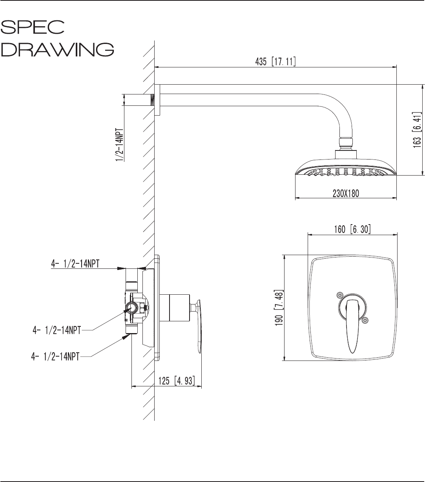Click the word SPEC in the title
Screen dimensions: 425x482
coord(33,27)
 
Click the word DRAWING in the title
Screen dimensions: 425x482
coord(57,49)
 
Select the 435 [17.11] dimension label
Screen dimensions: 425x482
coord(275,62)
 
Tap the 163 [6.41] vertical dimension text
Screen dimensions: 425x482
coord(417,130)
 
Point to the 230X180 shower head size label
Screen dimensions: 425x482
coord(346,194)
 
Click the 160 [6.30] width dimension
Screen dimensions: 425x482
coord(352,229)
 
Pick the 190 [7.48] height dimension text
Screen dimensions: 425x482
coord(279,308)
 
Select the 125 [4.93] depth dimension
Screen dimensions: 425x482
coord(177,381)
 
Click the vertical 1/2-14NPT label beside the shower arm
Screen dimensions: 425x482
coord(120,145)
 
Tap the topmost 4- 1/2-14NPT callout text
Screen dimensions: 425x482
coord(75,264)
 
